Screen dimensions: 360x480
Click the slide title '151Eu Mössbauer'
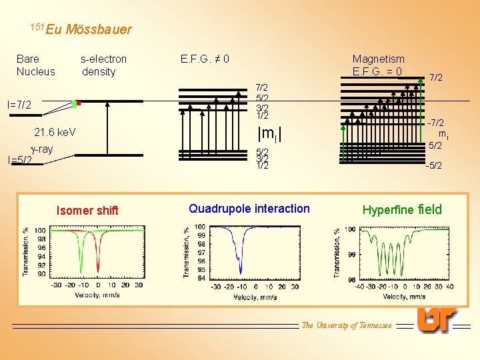point(81,29)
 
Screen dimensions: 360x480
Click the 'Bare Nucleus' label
point(36,65)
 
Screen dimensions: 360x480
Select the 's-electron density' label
point(103,65)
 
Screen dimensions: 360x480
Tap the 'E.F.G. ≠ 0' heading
point(205,59)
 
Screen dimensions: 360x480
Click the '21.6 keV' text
point(55,133)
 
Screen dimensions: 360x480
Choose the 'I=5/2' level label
point(19,160)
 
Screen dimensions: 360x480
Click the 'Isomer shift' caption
point(88,211)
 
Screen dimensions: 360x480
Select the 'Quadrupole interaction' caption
point(249,209)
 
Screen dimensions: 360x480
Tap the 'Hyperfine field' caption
point(402,210)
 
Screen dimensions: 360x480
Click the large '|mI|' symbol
point(270,133)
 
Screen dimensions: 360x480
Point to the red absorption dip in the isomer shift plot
point(97,257)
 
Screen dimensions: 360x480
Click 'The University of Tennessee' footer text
point(347,325)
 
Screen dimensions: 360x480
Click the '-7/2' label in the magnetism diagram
point(437,123)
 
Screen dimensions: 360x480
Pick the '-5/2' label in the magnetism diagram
point(435,166)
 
